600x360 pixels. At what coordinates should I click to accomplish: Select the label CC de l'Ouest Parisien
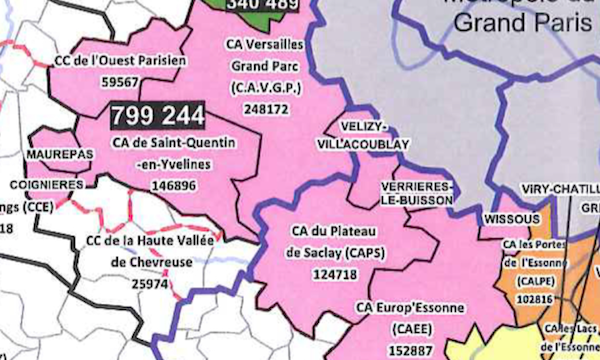coord(120,61)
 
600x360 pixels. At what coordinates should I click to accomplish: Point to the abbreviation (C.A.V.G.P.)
coord(263,88)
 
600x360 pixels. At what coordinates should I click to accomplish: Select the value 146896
coord(171,185)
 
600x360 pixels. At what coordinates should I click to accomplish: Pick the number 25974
coord(151,284)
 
